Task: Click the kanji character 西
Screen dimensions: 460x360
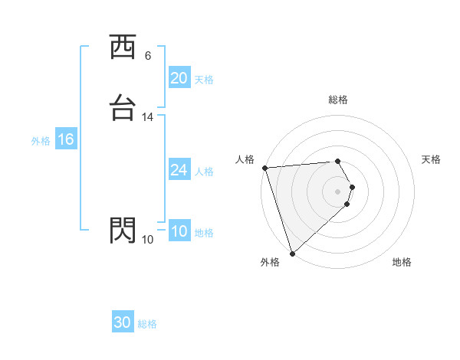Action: click(123, 47)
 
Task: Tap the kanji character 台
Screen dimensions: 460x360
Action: click(123, 108)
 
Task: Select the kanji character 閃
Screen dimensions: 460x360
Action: click(123, 230)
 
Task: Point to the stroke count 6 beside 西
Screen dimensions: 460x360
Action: click(148, 56)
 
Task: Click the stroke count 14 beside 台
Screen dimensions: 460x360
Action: click(148, 117)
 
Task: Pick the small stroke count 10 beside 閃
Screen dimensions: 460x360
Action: click(148, 240)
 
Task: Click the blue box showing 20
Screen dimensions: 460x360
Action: click(179, 78)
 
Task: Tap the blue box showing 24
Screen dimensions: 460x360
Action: click(179, 170)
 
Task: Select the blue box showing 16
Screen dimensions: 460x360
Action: click(66, 139)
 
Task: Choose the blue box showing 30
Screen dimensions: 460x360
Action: click(123, 322)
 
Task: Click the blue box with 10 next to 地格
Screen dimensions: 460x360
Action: click(179, 231)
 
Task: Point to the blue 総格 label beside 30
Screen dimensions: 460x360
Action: click(148, 324)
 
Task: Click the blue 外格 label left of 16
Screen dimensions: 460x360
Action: click(41, 141)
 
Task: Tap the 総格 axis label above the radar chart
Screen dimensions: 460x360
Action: click(338, 100)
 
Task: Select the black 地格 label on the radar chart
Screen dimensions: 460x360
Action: click(402, 263)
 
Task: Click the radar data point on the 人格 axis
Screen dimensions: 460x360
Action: click(264, 168)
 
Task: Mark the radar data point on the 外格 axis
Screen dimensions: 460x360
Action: click(291, 253)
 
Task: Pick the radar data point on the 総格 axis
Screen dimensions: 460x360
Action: click(338, 161)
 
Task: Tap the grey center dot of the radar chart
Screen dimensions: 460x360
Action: click(338, 191)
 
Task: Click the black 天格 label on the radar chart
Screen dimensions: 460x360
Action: click(432, 159)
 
